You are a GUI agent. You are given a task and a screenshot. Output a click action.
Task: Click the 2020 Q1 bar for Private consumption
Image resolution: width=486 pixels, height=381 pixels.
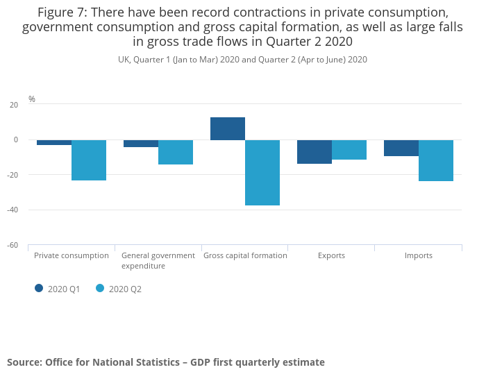(x=54, y=142)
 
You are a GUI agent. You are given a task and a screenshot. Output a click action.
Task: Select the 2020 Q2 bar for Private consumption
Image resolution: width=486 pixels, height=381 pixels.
(x=89, y=160)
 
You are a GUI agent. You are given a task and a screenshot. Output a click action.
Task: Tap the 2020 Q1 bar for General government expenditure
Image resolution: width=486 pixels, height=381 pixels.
(x=141, y=144)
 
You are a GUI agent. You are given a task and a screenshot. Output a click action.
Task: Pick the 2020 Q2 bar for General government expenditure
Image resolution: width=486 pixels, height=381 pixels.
(x=176, y=152)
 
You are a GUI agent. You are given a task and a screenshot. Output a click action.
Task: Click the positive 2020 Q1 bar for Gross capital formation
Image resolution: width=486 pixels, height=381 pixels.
(x=228, y=128)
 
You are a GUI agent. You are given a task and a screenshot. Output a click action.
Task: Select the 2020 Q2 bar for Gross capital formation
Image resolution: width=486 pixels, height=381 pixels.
(x=262, y=173)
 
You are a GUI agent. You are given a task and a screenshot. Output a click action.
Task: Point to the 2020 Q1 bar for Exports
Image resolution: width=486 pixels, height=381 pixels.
(x=315, y=151)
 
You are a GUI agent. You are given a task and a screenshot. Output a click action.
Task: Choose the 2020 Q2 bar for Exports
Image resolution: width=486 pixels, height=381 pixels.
(x=349, y=150)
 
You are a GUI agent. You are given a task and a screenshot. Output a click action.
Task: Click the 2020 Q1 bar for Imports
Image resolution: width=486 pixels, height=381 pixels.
(x=401, y=148)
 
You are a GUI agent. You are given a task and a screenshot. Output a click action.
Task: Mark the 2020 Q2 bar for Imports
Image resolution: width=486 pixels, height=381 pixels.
(x=436, y=160)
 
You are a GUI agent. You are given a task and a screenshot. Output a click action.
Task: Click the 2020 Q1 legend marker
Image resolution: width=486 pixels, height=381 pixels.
(x=39, y=288)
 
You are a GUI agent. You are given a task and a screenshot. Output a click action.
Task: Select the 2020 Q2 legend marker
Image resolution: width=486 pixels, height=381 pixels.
(x=100, y=288)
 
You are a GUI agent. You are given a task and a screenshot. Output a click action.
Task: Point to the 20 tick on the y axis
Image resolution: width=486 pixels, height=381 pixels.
(x=14, y=105)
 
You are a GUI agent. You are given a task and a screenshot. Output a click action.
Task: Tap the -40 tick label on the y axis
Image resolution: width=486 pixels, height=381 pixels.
(x=12, y=210)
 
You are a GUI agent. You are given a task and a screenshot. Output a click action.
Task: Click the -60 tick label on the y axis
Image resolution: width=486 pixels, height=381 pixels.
(x=12, y=246)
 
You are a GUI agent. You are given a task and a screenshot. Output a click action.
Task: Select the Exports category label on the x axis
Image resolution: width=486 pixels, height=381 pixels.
(x=331, y=255)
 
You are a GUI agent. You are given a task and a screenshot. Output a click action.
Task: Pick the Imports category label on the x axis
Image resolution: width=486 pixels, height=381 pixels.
(x=419, y=255)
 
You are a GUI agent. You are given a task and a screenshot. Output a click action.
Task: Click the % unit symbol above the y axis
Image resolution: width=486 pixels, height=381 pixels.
(x=32, y=99)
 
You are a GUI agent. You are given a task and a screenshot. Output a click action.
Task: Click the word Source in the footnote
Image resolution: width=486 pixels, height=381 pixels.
(x=24, y=362)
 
